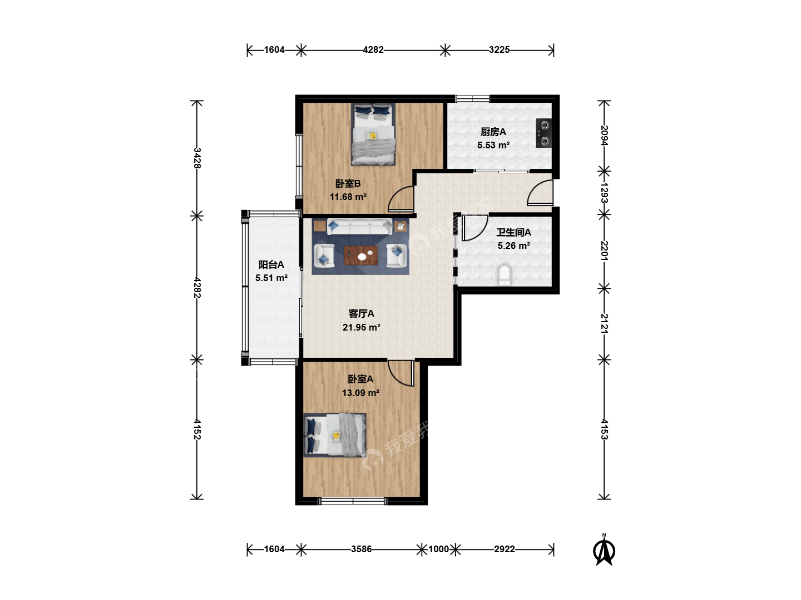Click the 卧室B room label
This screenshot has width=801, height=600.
click(348, 183)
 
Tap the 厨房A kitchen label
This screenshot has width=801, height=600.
click(493, 132)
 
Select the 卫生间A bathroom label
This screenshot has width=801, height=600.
click(513, 232)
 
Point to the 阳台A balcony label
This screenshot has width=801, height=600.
click(271, 264)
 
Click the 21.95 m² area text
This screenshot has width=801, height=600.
click(361, 327)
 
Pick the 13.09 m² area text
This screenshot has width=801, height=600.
click(360, 393)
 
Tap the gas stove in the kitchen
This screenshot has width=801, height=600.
click(543, 133)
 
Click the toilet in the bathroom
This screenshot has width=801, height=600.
click(505, 275)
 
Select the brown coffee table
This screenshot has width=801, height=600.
click(361, 256)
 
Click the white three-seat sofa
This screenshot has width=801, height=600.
click(360, 226)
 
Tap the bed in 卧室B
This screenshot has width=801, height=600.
click(373, 134)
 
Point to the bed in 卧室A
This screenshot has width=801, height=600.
click(335, 435)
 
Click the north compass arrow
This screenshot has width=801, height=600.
click(604, 550)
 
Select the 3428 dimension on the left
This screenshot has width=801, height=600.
click(197, 158)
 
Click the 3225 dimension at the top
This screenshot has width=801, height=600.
click(499, 49)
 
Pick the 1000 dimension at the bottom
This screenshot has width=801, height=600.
click(439, 549)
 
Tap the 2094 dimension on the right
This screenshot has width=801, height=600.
click(604, 135)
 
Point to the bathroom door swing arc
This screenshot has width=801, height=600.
click(475, 228)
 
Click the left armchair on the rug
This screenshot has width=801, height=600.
click(324, 256)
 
